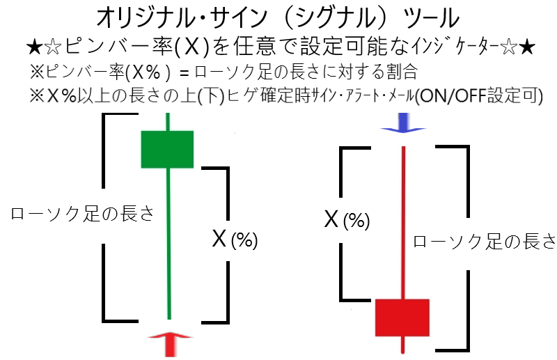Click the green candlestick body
coord(167,149)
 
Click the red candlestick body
coord(402,317)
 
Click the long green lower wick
coord(168,244)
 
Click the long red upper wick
coord(403,223)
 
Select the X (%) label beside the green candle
coord(235,240)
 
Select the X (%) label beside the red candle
coord(347,220)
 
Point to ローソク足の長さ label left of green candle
coord(81,214)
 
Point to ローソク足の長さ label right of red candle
coord(484,241)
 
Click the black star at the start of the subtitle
coord(33,47)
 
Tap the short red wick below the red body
coord(402,345)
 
